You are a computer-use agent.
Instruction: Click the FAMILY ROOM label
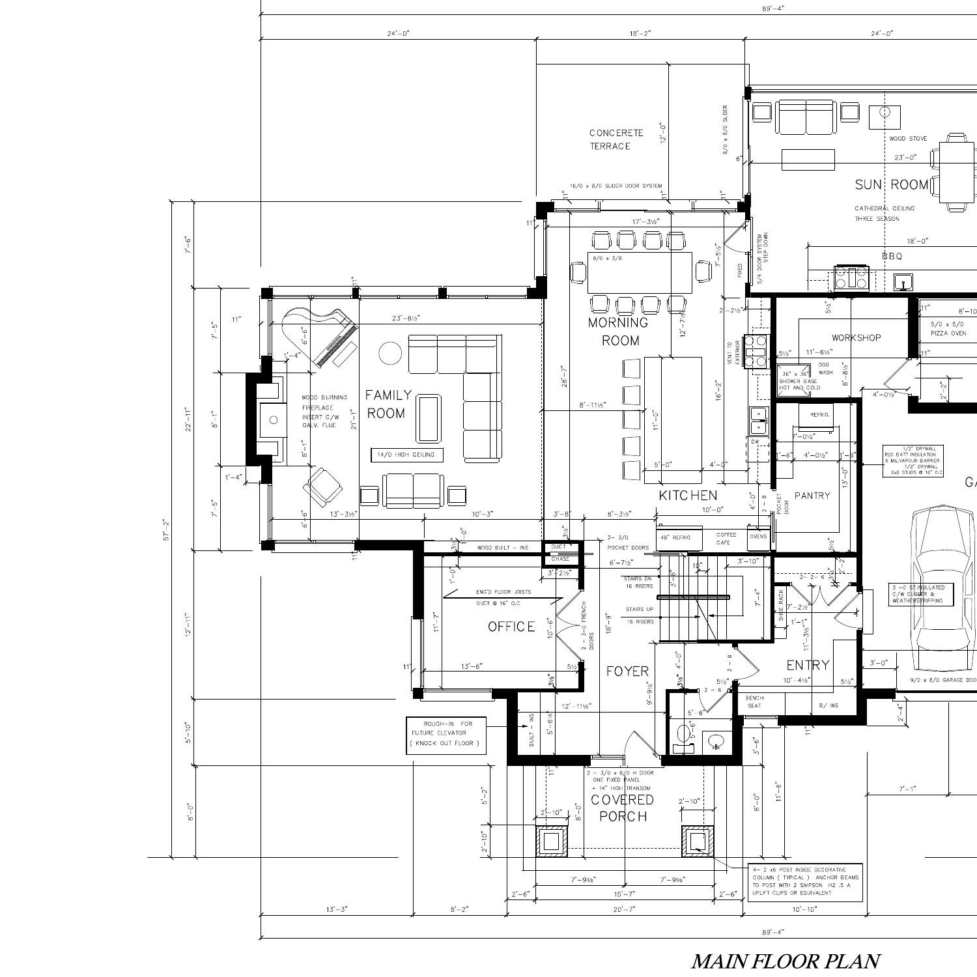388,404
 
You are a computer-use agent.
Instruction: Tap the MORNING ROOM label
619,331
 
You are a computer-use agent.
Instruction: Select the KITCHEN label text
688,496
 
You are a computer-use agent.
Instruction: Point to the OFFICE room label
511,627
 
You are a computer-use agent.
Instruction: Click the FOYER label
627,672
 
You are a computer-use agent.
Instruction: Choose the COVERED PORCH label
623,808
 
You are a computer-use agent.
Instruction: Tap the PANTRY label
812,496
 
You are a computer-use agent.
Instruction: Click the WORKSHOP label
856,337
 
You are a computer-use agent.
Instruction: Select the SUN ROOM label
891,185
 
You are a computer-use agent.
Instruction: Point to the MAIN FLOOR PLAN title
785,961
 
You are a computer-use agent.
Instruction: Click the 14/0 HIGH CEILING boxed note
406,455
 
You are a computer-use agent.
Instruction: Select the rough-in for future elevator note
446,733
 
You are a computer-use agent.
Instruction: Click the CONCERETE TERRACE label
616,139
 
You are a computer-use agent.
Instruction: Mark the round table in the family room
390,353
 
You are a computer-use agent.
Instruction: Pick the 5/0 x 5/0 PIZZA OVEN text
948,329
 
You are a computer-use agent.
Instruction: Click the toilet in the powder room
683,735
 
